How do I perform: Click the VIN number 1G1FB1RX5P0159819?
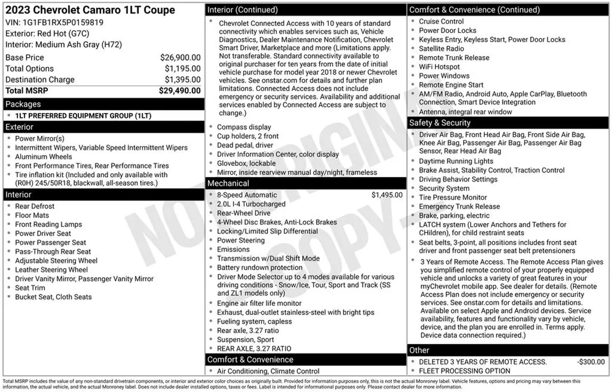point(63,23)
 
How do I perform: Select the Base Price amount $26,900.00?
point(180,57)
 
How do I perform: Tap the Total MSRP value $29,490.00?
point(180,91)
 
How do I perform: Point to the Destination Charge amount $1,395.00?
point(183,80)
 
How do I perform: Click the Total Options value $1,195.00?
point(183,69)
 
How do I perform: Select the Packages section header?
point(23,104)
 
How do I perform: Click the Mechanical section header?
point(228,183)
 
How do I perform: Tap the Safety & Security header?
point(440,123)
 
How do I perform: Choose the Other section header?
point(419,350)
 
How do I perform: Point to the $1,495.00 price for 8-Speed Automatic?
point(387,195)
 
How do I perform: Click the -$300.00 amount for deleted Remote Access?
point(590,362)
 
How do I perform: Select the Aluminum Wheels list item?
point(44,157)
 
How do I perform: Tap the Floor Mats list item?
point(32,215)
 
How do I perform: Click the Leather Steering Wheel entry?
point(51,270)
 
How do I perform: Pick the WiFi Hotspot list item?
point(439,67)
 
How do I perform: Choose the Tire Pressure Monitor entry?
point(452,197)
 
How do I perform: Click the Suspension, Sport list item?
point(245,340)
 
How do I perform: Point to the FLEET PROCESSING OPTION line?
point(464,371)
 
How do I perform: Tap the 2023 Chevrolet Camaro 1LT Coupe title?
point(90,10)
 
